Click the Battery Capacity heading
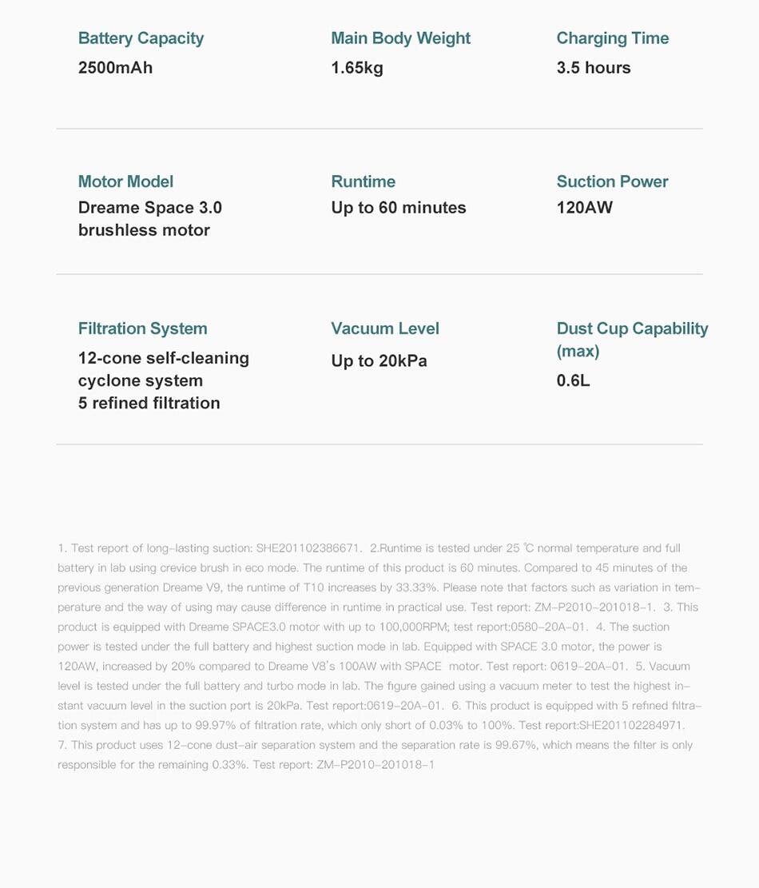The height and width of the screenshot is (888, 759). point(141,38)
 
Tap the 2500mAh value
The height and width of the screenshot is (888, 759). point(115,68)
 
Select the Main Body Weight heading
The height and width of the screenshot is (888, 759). point(400,38)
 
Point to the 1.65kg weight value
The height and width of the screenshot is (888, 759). point(357,68)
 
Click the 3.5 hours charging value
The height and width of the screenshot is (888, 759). point(594,68)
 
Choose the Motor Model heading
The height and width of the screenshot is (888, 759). point(125,181)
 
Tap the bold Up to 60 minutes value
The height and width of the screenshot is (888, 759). point(399,208)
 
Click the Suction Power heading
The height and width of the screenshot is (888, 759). point(612,181)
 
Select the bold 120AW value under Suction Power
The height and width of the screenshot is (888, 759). point(585,208)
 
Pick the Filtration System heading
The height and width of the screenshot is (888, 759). point(142,329)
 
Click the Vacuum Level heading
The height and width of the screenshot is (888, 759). point(385,329)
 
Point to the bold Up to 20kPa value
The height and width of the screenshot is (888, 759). point(379,361)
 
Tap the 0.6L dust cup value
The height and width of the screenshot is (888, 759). point(573,380)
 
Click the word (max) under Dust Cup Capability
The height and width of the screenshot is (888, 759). point(578,352)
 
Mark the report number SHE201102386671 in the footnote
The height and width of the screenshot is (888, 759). point(308,548)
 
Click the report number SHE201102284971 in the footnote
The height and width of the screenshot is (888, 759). point(630,726)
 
